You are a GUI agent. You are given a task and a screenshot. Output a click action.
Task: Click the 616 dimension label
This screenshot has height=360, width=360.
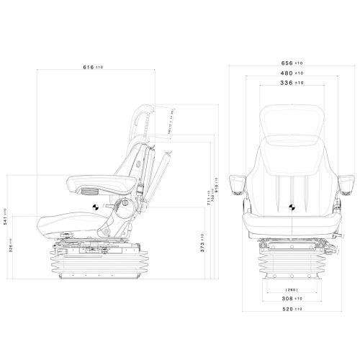pos(93,67)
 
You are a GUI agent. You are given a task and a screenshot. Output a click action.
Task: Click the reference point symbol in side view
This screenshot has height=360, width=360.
pos(94,207)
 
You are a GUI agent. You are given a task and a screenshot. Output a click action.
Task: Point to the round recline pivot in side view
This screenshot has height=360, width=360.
pos(125,210)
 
